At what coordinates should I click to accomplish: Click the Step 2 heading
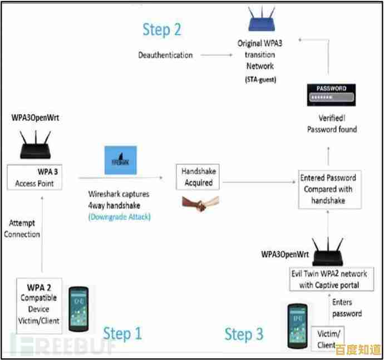coord(162,29)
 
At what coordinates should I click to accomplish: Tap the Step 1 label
coord(123,333)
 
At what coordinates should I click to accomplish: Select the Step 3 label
coord(244,334)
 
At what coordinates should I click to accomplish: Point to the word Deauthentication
coord(165,55)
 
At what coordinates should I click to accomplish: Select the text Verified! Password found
coord(332,124)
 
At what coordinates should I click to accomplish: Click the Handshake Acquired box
coord(194,177)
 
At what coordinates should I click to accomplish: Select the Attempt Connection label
coord(22,229)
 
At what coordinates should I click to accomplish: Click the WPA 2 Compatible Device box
coord(40,304)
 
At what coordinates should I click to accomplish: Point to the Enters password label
coord(347,308)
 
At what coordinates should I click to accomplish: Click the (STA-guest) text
coord(260,80)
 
